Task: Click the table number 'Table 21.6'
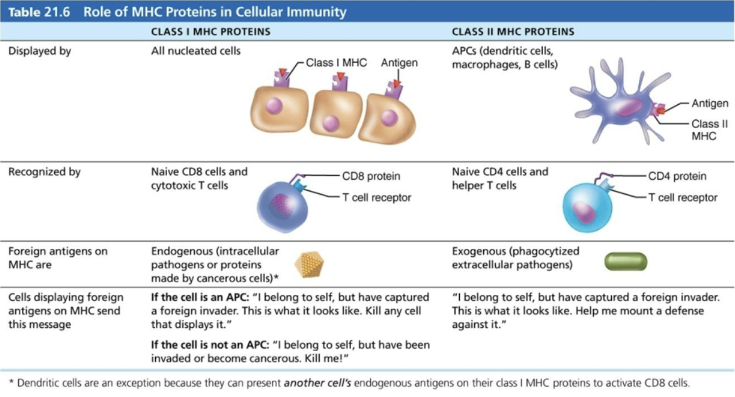(x=37, y=12)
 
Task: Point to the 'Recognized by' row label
(x=44, y=171)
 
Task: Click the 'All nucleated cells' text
(x=195, y=51)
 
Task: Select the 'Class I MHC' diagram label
(x=336, y=63)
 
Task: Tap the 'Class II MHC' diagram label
(x=709, y=129)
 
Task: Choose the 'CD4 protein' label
(x=677, y=176)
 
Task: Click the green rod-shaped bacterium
(x=625, y=261)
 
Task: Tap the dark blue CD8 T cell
(x=282, y=208)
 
